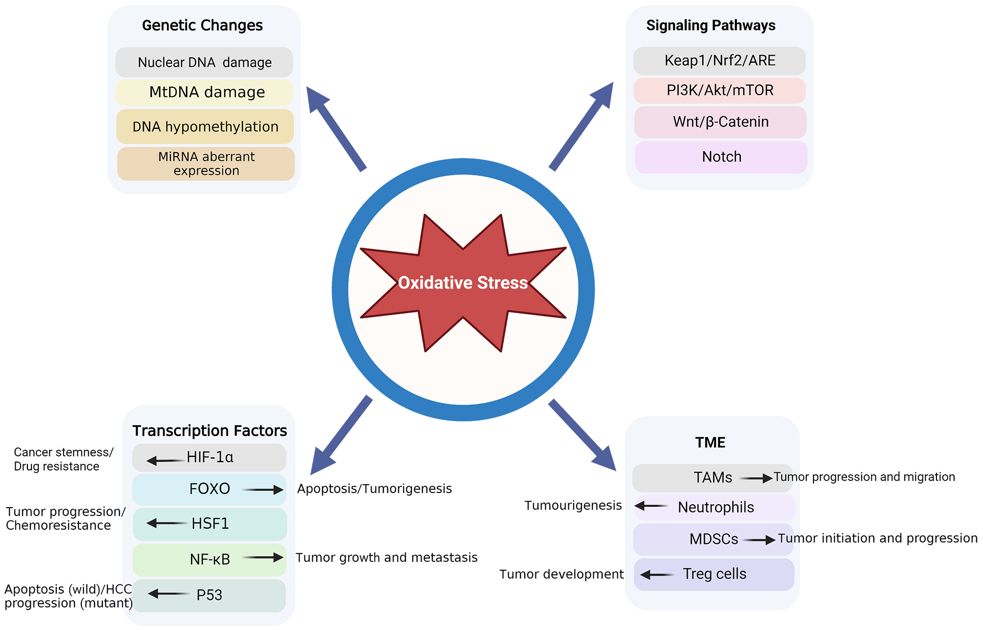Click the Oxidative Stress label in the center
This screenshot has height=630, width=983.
tap(463, 283)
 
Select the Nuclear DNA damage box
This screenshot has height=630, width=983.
tap(204, 63)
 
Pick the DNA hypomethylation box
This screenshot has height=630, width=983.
tap(205, 127)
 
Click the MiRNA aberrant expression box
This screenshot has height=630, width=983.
tap(206, 164)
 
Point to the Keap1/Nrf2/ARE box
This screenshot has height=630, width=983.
tap(720, 61)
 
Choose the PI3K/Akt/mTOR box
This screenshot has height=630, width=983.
tap(720, 91)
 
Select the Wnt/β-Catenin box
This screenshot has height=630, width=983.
tap(721, 122)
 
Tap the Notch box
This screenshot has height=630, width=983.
tap(722, 157)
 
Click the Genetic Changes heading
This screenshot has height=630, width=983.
tap(202, 25)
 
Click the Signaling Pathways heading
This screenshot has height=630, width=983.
tap(711, 25)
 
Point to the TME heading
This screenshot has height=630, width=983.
tap(710, 443)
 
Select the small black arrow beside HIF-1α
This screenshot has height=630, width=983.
tap(165, 461)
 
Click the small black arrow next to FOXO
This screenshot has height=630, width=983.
tap(263, 490)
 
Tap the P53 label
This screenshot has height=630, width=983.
tap(209, 595)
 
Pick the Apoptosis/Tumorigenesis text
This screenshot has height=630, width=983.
tap(374, 489)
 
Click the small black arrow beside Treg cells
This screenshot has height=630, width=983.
tap(657, 575)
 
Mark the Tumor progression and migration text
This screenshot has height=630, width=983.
tap(864, 477)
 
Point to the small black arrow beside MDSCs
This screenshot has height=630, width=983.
tap(759, 540)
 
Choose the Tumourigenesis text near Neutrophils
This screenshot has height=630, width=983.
tap(573, 506)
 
